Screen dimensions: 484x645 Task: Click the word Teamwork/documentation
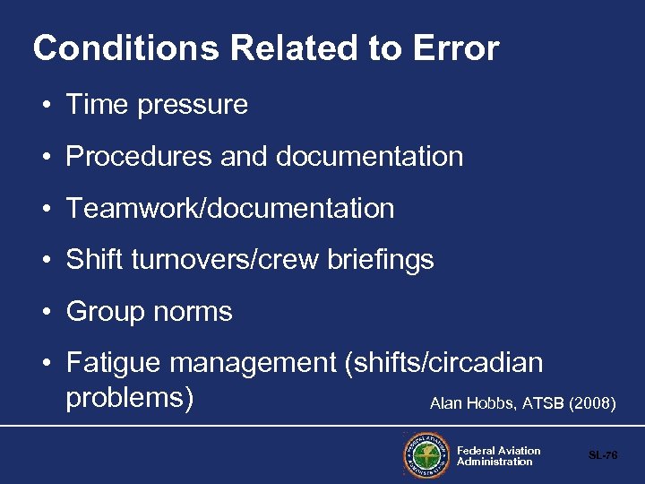(x=230, y=209)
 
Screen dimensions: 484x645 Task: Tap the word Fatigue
(x=114, y=363)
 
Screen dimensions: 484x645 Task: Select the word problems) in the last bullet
(x=130, y=397)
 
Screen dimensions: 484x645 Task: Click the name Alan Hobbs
(x=465, y=404)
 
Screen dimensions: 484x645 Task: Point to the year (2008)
(x=592, y=404)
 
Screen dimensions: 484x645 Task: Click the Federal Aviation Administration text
(x=498, y=456)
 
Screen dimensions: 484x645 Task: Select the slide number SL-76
(x=603, y=455)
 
